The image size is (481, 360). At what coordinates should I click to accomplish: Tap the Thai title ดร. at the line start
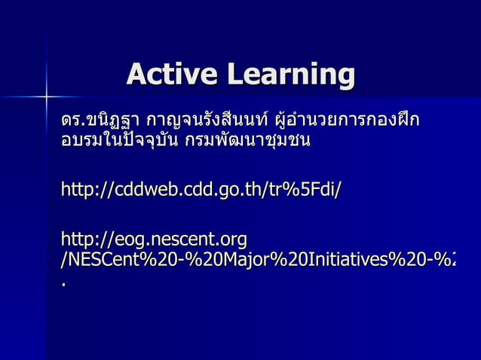pyautogui.click(x=72, y=121)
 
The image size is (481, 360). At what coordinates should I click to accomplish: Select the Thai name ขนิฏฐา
pyautogui.click(x=114, y=121)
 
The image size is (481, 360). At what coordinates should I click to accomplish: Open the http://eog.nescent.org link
pyautogui.click(x=154, y=240)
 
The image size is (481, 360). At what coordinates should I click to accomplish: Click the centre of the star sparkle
pyautogui.click(x=46, y=96)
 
